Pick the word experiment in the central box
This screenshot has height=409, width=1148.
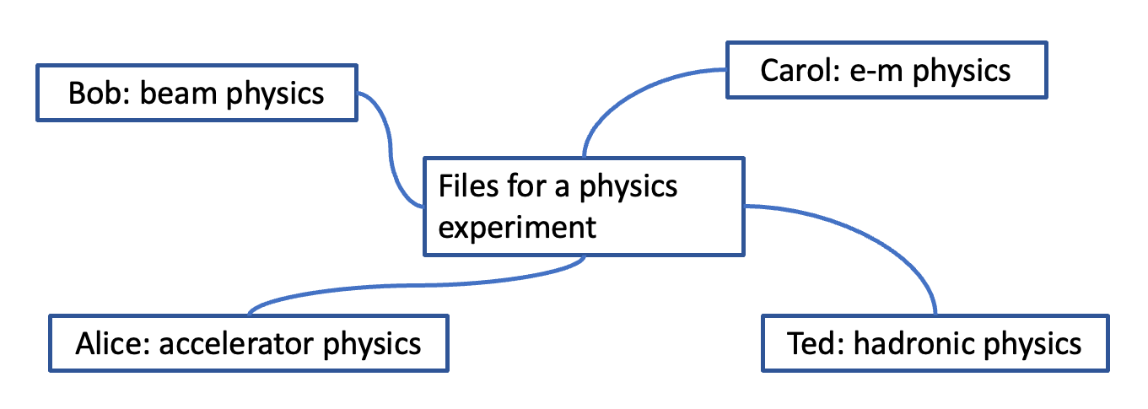coord(517,227)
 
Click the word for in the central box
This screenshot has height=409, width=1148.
coord(526,186)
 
